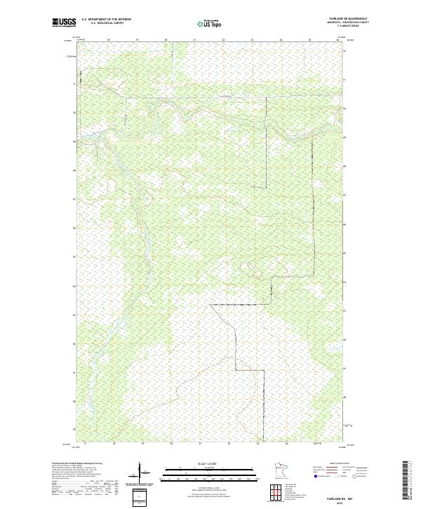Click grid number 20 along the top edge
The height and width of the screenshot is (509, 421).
pyautogui.click(x=166, y=40)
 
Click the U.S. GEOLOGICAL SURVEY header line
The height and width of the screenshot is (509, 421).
pyautogui.click(x=106, y=23)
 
